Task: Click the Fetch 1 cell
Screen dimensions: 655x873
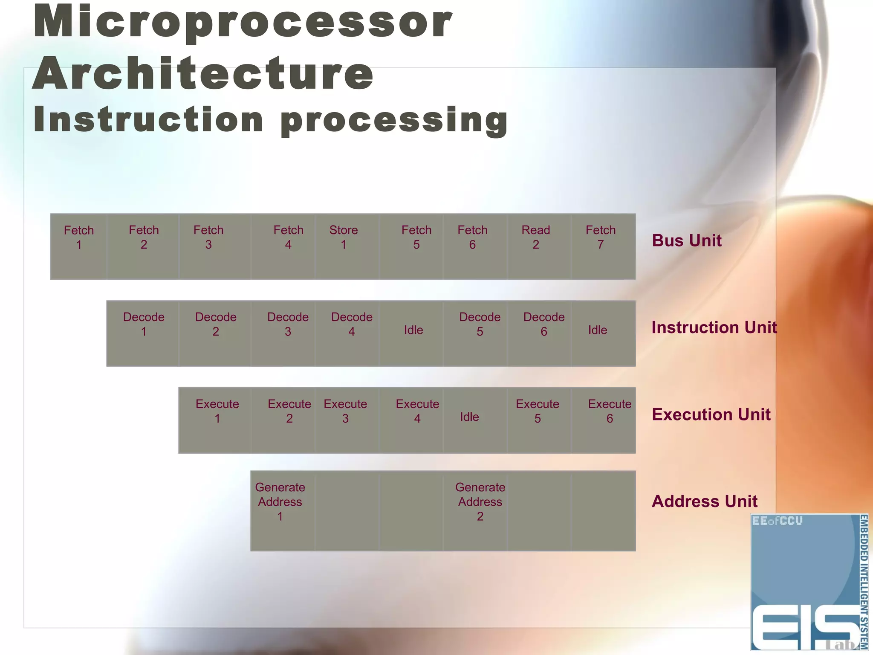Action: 79,246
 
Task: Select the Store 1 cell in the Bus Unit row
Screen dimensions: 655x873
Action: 347,246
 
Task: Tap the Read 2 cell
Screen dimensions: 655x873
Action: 539,246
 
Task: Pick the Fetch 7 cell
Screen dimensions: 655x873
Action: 603,246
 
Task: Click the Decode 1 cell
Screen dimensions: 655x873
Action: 143,333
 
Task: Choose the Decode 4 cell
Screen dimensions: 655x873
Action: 347,333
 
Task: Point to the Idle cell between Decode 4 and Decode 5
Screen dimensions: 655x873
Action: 411,333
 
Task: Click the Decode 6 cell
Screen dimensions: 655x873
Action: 539,333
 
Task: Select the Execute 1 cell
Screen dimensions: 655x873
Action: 215,420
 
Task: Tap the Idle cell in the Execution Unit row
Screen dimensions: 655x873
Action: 475,420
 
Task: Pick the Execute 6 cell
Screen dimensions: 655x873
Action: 603,420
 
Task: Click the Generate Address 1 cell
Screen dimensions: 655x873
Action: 283,510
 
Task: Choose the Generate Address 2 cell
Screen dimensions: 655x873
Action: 475,510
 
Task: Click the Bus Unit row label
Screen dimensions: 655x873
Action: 686,241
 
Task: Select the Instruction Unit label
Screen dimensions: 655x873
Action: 714,327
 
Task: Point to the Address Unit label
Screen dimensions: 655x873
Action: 704,501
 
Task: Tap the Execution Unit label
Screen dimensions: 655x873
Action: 711,414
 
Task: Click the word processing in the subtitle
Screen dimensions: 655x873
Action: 394,120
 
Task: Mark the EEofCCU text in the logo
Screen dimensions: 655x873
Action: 777,521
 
